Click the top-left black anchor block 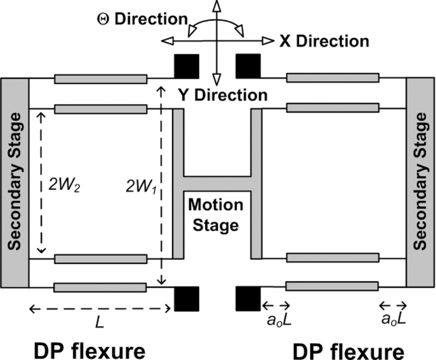(186, 66)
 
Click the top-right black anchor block (247, 66)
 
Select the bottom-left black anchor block (186, 298)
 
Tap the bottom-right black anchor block (247, 298)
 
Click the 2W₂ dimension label (65, 184)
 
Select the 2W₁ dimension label (141, 184)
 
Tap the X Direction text (324, 41)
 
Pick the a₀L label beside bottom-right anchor (276, 321)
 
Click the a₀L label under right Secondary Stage (394, 321)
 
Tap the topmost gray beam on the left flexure (100, 79)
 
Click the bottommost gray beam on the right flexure (332, 287)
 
